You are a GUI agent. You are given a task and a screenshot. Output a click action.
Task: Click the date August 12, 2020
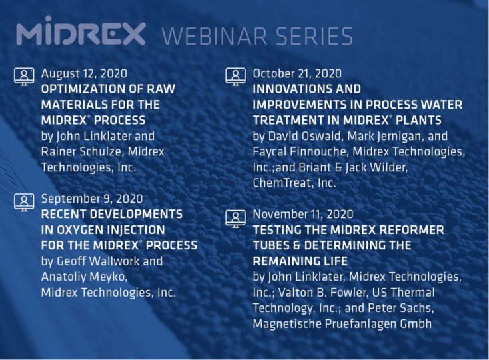pos(84,73)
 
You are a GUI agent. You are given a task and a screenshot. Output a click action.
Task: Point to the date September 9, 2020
pos(92,199)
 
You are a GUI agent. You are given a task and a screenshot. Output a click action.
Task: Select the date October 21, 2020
pos(297,73)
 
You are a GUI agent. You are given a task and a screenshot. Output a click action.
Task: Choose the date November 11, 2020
pos(303,214)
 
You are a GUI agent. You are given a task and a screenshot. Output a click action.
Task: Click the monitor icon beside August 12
pos(24,75)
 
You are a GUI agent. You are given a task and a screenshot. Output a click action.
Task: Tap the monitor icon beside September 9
pos(24,201)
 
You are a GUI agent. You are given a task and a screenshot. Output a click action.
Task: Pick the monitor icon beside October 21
pos(235,75)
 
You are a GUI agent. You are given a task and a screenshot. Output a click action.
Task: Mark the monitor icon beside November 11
pos(235,217)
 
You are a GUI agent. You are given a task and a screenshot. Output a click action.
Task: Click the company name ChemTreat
pos(280,183)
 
